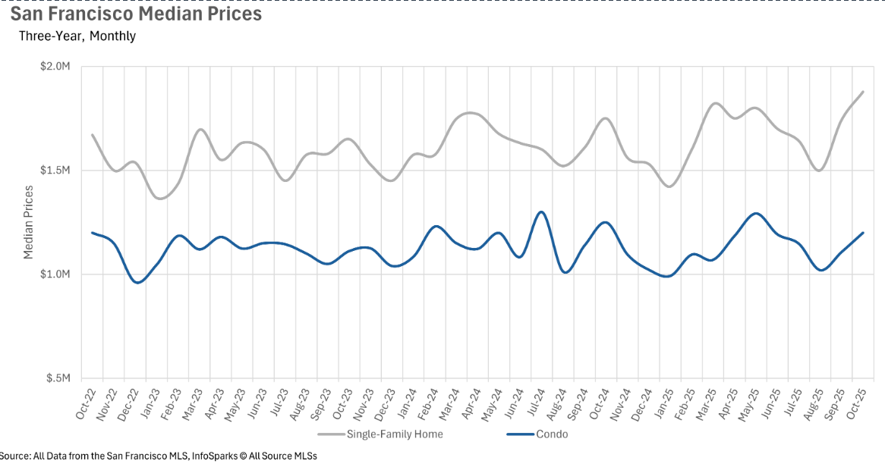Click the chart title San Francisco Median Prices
coord(136,14)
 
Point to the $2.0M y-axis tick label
coord(55,67)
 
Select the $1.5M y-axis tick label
coord(55,171)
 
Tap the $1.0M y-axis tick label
coord(55,274)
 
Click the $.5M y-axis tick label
coord(58,378)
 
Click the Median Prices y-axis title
coord(29,221)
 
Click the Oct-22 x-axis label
coord(85,402)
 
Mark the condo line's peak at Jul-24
coord(541,212)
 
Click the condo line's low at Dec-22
coord(137,283)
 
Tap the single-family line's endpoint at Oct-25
coord(863,92)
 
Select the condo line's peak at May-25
coord(755,214)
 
